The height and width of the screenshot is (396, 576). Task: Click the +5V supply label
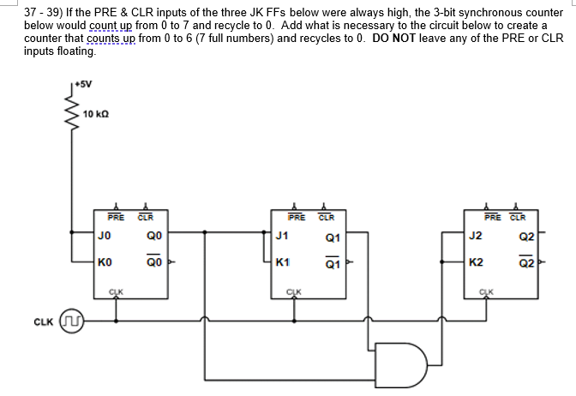83,85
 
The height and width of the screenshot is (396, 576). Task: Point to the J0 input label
105,235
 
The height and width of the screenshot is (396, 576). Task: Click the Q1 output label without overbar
333,237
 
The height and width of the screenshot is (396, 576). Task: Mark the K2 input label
477,262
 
